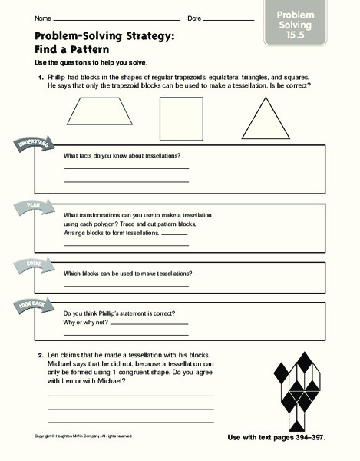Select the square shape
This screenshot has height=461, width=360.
point(180,119)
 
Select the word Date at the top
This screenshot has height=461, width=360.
point(194,18)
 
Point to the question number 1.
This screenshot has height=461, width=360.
point(38,78)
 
